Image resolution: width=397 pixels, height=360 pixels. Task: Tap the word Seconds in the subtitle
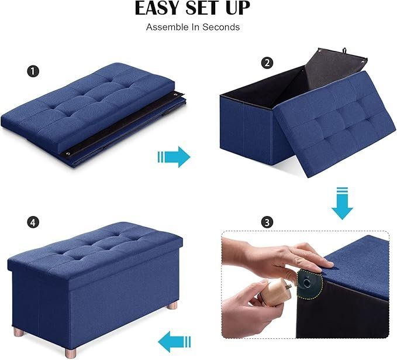(221, 27)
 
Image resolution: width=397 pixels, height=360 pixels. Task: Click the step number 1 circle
(33, 71)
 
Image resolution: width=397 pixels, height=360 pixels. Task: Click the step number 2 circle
(267, 63)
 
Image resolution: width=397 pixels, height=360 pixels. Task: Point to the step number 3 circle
(267, 222)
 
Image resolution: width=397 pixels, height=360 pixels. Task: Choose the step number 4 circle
(33, 222)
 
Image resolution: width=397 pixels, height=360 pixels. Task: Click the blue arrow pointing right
(174, 157)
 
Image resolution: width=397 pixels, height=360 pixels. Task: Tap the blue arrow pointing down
(342, 203)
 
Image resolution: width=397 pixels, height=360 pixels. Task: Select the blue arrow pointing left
(174, 342)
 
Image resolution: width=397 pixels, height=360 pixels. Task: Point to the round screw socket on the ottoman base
(307, 282)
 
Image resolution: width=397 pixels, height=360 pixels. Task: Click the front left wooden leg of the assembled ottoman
(70, 352)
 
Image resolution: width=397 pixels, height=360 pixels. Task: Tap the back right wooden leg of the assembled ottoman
(172, 305)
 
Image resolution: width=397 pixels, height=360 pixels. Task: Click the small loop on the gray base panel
(344, 50)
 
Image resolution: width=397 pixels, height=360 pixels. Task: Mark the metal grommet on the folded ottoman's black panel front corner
(68, 154)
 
